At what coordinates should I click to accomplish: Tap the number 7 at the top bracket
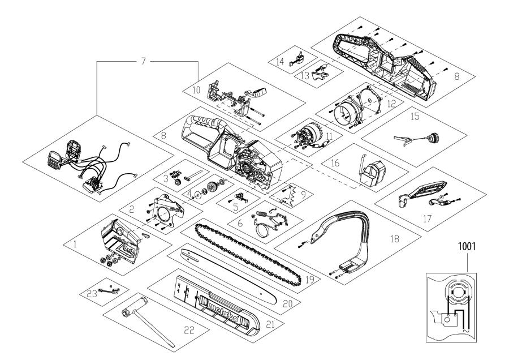coord(144,61)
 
